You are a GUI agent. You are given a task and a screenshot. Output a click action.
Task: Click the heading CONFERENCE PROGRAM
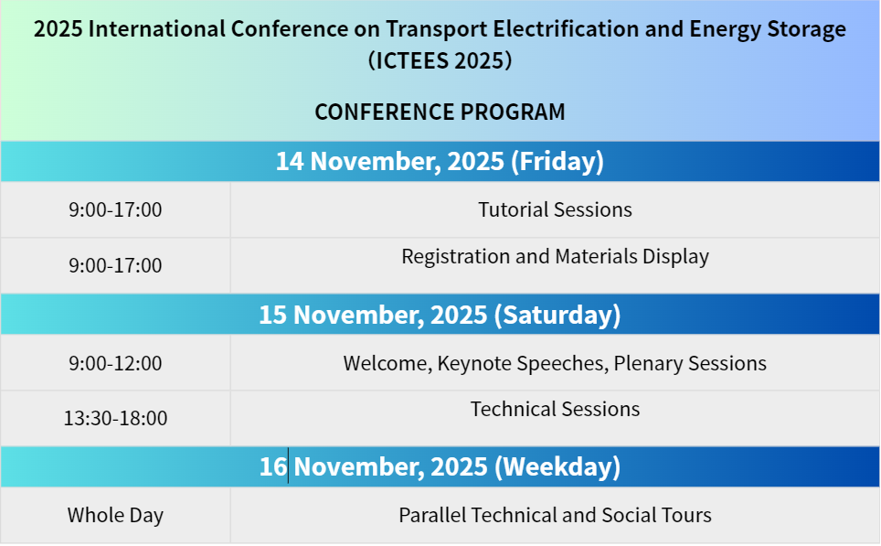click(x=440, y=112)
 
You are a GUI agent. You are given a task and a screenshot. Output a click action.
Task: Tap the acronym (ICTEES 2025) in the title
click(x=440, y=60)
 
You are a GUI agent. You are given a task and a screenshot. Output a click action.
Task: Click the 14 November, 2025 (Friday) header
click(x=440, y=161)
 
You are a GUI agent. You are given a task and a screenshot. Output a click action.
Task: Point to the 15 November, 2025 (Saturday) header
click(x=440, y=315)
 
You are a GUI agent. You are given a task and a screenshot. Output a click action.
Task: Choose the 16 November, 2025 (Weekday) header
click(x=440, y=466)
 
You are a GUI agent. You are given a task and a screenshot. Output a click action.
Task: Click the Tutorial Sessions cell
click(x=555, y=209)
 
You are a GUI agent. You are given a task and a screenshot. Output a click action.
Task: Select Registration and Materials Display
click(x=555, y=257)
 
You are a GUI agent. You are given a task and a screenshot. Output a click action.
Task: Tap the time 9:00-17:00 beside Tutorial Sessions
click(x=115, y=209)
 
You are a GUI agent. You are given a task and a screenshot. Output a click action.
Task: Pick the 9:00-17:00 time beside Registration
click(x=115, y=265)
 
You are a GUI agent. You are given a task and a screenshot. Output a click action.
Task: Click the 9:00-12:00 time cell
click(x=115, y=363)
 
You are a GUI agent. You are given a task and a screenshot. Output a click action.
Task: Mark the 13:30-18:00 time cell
click(x=115, y=418)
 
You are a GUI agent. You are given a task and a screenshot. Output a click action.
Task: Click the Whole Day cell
click(x=115, y=516)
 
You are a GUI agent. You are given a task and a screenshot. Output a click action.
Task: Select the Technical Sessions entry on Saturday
click(x=555, y=410)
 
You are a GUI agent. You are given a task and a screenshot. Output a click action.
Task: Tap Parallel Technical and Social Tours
click(x=555, y=515)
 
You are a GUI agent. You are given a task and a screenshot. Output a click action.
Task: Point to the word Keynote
click(x=475, y=364)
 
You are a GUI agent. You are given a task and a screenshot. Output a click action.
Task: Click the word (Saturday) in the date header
click(x=557, y=315)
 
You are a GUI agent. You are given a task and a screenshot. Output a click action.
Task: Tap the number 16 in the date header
click(x=273, y=466)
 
